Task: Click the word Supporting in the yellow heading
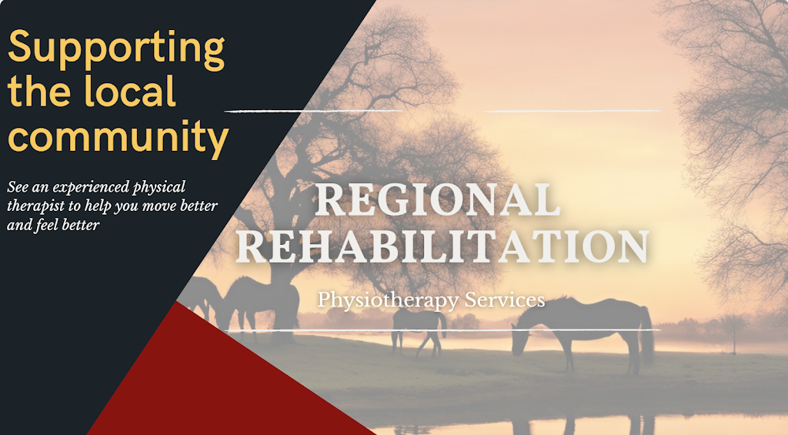click(116, 48)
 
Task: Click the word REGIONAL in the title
click(437, 200)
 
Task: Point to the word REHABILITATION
click(442, 246)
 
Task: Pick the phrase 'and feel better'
click(52, 226)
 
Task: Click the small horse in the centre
click(418, 327)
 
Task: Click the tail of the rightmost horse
click(646, 335)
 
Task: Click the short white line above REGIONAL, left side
click(312, 112)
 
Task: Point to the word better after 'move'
click(199, 206)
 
